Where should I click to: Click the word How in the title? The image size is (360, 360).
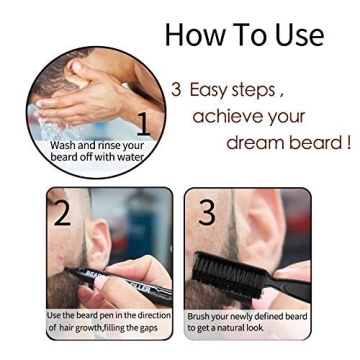click(x=193, y=34)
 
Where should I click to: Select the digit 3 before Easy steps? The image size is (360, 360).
click(x=176, y=90)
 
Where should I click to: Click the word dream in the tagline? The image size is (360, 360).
click(x=256, y=142)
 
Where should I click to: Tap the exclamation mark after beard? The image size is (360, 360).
click(x=348, y=142)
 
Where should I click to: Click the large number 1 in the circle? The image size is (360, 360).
click(x=143, y=124)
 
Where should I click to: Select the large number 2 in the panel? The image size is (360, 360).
click(x=63, y=213)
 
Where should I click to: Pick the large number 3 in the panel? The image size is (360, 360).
click(x=207, y=212)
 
